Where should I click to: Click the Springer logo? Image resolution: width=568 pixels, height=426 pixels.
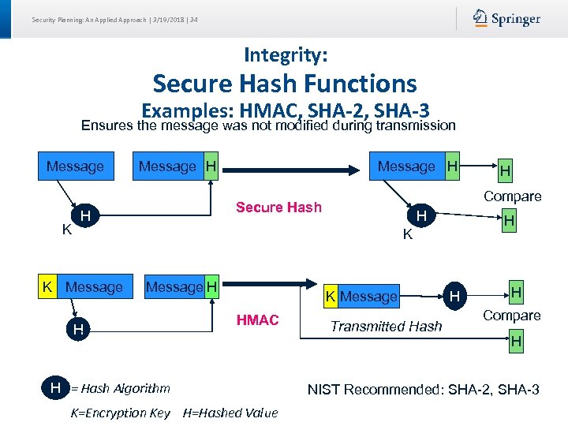(506, 19)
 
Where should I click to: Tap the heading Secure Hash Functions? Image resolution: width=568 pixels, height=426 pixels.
(285, 83)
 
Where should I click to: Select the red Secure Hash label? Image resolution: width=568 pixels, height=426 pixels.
(278, 207)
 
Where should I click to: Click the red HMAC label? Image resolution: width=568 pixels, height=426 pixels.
(258, 319)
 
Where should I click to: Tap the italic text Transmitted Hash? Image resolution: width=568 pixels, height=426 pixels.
(386, 327)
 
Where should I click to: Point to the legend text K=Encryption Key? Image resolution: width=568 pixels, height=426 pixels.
(120, 413)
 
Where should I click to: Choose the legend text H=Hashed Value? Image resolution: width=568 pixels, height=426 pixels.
(230, 413)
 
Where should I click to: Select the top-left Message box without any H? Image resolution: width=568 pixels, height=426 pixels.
(75, 166)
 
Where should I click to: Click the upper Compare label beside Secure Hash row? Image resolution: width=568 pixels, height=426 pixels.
(512, 196)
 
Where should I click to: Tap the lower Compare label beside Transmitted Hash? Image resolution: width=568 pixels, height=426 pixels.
(511, 316)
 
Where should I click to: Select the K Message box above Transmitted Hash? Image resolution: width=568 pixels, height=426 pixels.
(361, 297)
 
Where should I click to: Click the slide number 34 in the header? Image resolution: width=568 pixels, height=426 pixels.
(194, 20)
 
